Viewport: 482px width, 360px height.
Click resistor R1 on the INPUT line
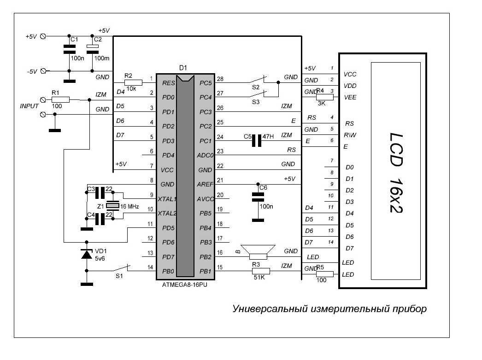point(60,99)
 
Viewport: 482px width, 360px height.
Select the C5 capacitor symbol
point(257,140)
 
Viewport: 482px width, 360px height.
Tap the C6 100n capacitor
point(258,197)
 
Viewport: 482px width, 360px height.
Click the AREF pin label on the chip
point(205,185)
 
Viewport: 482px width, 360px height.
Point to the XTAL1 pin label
point(167,199)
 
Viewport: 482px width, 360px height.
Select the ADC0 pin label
point(205,156)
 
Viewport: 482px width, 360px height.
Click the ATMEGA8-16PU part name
point(185,285)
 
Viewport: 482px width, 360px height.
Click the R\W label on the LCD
point(349,135)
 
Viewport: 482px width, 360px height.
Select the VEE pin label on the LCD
point(350,98)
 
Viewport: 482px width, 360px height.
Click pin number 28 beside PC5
point(220,79)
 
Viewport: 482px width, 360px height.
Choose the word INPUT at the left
point(29,106)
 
